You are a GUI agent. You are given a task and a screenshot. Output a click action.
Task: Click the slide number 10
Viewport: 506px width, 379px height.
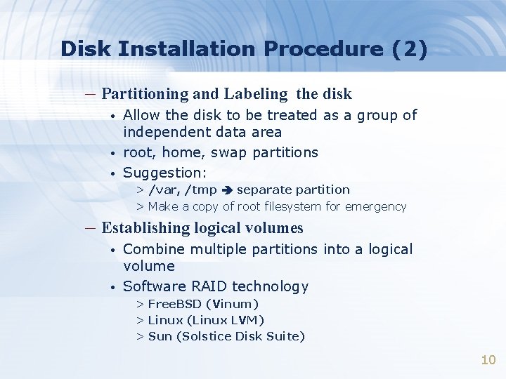tap(488, 360)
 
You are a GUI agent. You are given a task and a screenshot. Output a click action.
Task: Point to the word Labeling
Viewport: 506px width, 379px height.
tap(255, 93)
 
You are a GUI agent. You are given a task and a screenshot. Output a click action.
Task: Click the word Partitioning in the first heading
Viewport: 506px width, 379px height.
tap(145, 93)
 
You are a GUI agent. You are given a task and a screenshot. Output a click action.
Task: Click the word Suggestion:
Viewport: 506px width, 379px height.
tap(164, 173)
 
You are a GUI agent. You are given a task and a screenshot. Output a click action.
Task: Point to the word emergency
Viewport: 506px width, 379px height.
tap(377, 206)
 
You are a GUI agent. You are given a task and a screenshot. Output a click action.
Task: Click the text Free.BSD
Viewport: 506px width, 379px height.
tap(174, 304)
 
